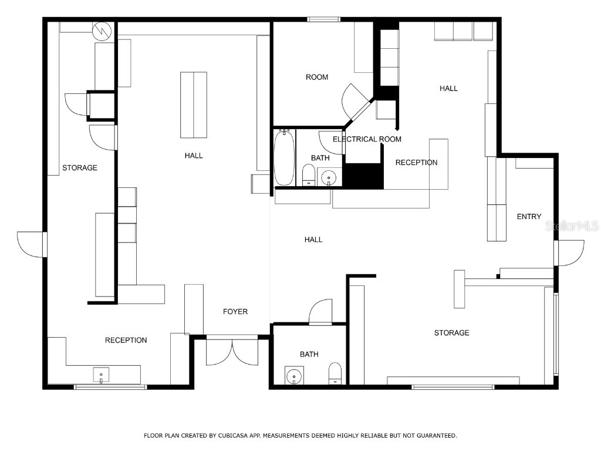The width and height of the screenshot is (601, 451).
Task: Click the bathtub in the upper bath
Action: pyautogui.click(x=284, y=157)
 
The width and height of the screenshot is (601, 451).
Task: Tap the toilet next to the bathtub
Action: pyautogui.click(x=308, y=174)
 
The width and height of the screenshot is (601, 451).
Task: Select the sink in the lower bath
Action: pyautogui.click(x=293, y=375)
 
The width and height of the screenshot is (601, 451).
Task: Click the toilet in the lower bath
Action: pyautogui.click(x=335, y=373)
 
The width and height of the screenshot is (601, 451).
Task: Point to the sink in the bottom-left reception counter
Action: pyautogui.click(x=101, y=374)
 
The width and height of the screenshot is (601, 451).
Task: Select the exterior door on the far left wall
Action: pyautogui.click(x=31, y=244)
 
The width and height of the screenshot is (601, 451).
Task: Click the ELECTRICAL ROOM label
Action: pyautogui.click(x=367, y=139)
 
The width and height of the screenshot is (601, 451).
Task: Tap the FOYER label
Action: pyautogui.click(x=235, y=311)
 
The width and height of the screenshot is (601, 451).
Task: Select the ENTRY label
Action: pyautogui.click(x=529, y=217)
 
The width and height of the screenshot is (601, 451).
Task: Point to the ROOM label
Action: pyautogui.click(x=317, y=77)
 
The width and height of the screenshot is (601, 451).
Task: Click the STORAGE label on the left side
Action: pyautogui.click(x=80, y=168)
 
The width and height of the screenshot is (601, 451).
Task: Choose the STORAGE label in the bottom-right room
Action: pyautogui.click(x=451, y=333)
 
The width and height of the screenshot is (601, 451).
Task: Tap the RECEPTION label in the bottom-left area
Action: pyautogui.click(x=126, y=340)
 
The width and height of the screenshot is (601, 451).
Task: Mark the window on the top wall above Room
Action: pyautogui.click(x=324, y=19)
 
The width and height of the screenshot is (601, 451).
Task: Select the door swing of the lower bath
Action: pyautogui.click(x=320, y=311)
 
